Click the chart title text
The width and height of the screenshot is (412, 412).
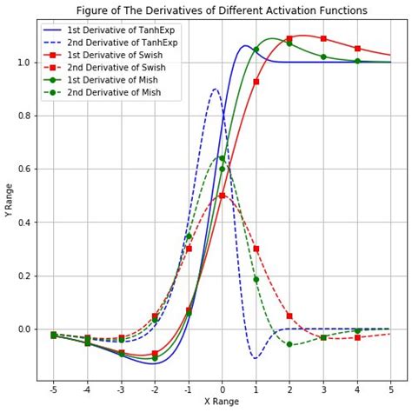[222, 10]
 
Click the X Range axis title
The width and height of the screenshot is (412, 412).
[222, 402]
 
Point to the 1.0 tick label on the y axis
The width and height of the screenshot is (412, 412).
[23, 63]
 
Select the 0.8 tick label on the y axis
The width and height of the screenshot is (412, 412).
[23, 116]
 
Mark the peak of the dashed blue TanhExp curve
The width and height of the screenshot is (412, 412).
[216, 89]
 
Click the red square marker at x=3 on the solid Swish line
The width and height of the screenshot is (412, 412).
[323, 38]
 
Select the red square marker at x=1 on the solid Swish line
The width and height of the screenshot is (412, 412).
[256, 82]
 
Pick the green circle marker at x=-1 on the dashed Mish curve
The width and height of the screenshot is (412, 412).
[189, 236]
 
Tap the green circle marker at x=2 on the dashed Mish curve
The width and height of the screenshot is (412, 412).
[289, 344]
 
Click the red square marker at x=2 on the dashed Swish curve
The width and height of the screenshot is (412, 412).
[289, 316]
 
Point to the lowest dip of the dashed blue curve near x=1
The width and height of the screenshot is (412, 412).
[255, 357]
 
